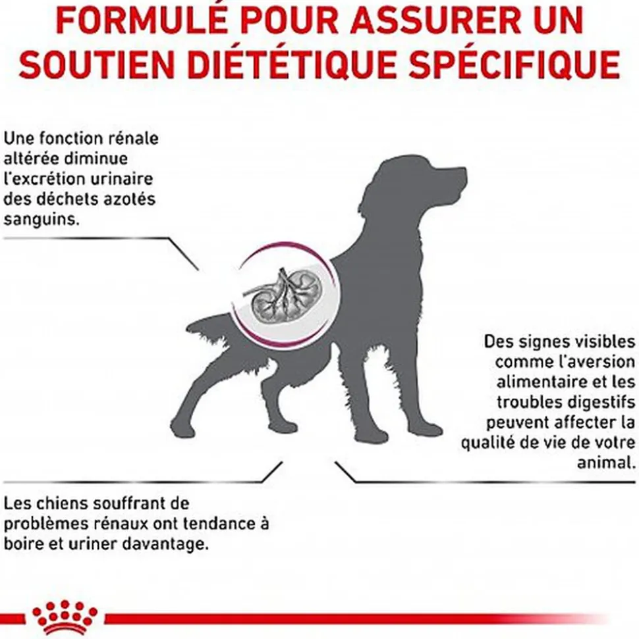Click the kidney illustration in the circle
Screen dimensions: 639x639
[281, 294]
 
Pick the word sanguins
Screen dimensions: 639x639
[42, 220]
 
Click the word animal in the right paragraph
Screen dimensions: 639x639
[606, 463]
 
